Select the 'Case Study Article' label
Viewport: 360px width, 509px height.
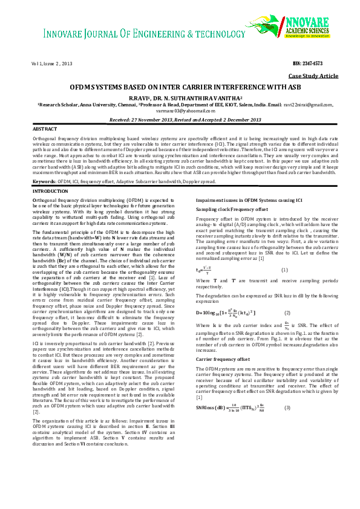[x=313, y=76]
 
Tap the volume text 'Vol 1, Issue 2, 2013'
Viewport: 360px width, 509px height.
[x=52, y=63]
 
